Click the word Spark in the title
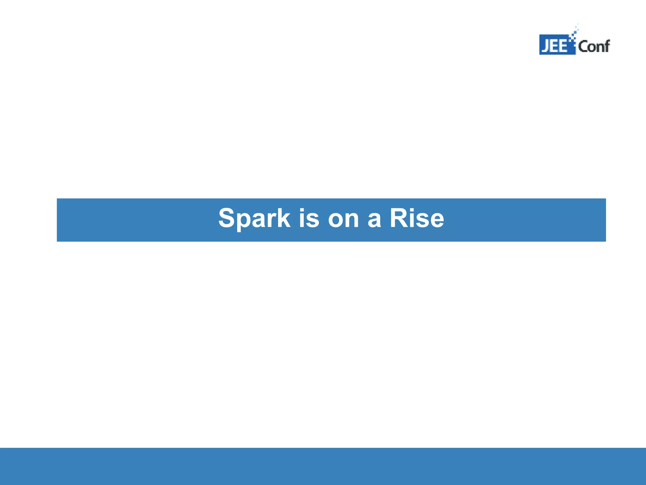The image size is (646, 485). point(254,219)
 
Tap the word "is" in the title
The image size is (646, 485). point(309,219)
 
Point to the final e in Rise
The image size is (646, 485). point(437,220)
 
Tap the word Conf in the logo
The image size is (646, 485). point(594,46)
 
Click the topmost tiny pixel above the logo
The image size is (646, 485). point(578,24)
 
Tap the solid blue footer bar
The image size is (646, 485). point(323,466)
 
